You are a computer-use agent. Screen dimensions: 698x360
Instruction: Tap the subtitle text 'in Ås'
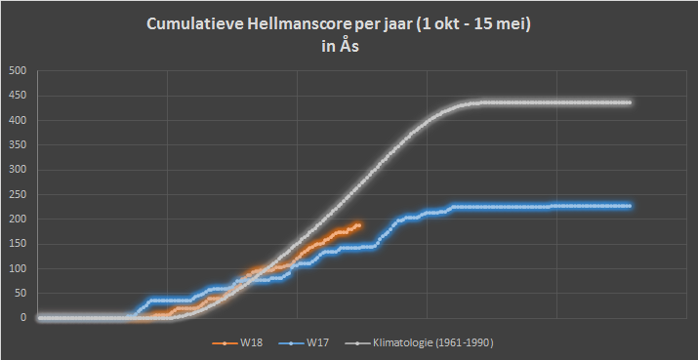341,46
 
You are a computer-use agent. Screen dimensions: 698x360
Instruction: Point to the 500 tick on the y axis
20,71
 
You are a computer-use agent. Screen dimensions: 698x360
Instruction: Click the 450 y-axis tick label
20,96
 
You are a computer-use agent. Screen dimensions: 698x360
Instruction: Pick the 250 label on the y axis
20,194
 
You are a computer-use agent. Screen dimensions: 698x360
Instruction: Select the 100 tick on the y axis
20,268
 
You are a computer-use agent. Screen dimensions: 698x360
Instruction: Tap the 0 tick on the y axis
23,318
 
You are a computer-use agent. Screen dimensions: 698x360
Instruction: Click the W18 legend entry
237,343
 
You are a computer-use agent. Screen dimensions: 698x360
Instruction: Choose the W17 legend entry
304,343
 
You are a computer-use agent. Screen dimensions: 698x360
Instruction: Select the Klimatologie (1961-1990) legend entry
420,343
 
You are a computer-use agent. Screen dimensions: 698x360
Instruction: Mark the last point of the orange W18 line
359,225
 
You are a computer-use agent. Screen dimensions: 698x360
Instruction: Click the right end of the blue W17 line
630,206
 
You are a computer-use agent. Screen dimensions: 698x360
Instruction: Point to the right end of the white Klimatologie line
630,102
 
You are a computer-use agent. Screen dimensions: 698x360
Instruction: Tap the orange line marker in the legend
225,343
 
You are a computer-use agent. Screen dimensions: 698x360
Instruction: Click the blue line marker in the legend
291,343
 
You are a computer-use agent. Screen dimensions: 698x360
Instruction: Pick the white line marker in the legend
356,343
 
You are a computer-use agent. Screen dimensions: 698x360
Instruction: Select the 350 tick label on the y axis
20,145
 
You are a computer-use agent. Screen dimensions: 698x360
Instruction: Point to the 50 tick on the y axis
21,294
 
